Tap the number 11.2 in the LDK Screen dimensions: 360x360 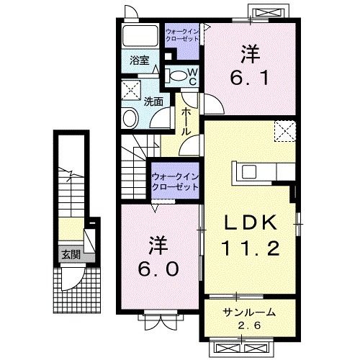(x=249, y=248)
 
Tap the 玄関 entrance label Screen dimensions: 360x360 (x=70, y=254)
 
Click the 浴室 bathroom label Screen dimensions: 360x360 (x=139, y=61)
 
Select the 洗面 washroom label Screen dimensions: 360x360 (x=153, y=102)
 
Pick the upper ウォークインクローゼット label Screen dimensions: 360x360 (x=183, y=35)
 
